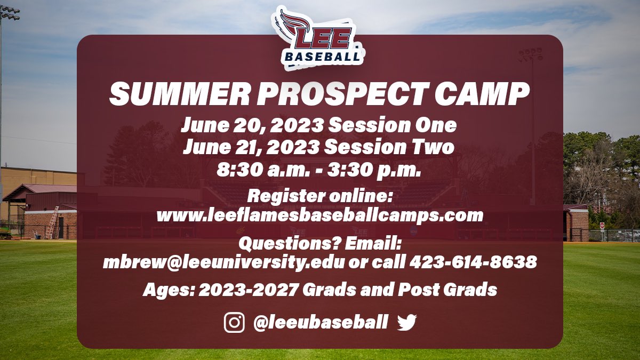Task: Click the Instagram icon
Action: point(234,322)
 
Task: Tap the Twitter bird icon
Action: point(406,322)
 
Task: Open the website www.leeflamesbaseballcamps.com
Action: point(319,215)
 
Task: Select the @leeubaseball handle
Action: point(320,322)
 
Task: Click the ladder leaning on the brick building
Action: point(52,223)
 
